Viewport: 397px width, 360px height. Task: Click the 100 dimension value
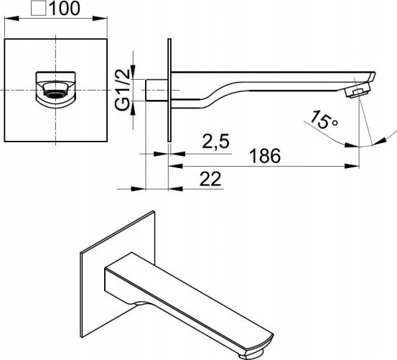pyautogui.click(x=65, y=8)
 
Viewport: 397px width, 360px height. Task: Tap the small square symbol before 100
pyautogui.click(x=39, y=8)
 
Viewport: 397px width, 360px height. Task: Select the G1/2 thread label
pyautogui.click(x=123, y=89)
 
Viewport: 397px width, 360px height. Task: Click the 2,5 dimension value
pyautogui.click(x=215, y=141)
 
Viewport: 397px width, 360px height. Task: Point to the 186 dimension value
pyautogui.click(x=265, y=155)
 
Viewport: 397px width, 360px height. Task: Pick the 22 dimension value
pyautogui.click(x=210, y=179)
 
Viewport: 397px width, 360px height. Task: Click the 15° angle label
pyautogui.click(x=324, y=119)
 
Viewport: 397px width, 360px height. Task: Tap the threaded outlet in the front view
pyautogui.click(x=56, y=90)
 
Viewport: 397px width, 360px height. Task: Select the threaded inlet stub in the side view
pyautogui.click(x=157, y=91)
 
